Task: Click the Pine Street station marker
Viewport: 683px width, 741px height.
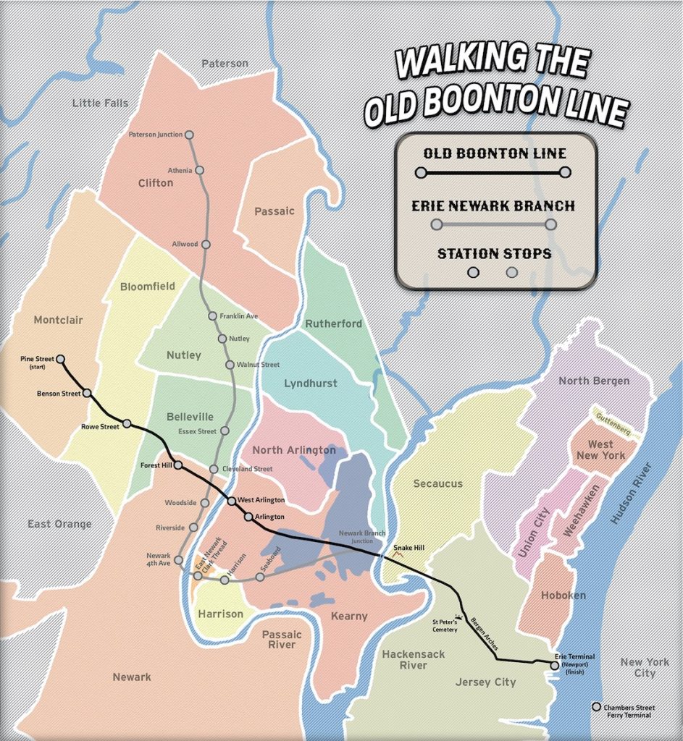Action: (61, 359)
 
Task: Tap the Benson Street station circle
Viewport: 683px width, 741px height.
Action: (87, 394)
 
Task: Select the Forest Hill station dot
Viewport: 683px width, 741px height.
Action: (177, 465)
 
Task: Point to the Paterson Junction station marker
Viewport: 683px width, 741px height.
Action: (189, 135)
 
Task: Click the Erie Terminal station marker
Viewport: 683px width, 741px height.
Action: (555, 664)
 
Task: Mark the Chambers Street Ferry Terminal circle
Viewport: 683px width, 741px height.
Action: (596, 707)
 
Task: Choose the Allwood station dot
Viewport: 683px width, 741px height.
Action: (206, 245)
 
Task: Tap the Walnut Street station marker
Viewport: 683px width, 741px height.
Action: (230, 365)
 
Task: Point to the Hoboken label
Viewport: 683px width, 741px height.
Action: (563, 595)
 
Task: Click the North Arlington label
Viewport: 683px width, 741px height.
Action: (294, 450)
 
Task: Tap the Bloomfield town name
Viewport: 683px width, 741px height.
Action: (148, 287)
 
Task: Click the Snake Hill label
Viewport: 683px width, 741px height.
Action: (408, 548)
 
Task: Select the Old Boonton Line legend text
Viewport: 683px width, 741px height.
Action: (495, 153)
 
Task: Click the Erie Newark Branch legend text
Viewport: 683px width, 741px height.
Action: (493, 206)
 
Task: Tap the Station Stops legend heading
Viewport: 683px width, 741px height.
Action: (494, 254)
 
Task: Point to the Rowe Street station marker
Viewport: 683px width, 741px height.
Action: (127, 423)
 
